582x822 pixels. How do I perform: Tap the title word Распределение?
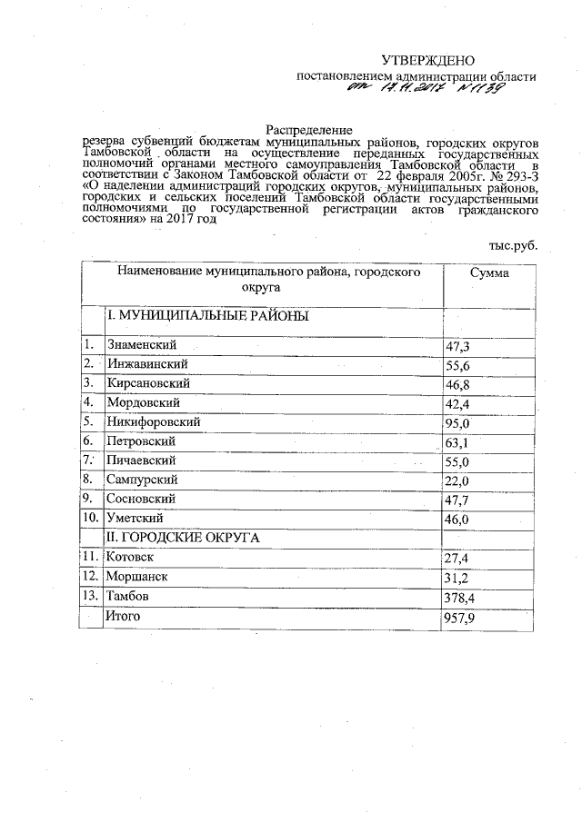pyautogui.click(x=308, y=132)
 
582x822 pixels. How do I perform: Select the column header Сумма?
pyautogui.click(x=489, y=273)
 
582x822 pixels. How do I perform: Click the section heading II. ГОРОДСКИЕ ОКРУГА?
pyautogui.click(x=184, y=538)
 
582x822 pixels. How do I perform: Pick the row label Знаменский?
pyautogui.click(x=141, y=345)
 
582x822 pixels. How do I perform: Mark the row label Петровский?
pyautogui.click(x=140, y=441)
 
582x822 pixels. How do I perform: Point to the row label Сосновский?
pyautogui.click(x=141, y=499)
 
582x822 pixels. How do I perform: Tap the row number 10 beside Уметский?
pyautogui.click(x=91, y=518)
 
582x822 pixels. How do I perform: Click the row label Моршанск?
pyautogui.click(x=137, y=576)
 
